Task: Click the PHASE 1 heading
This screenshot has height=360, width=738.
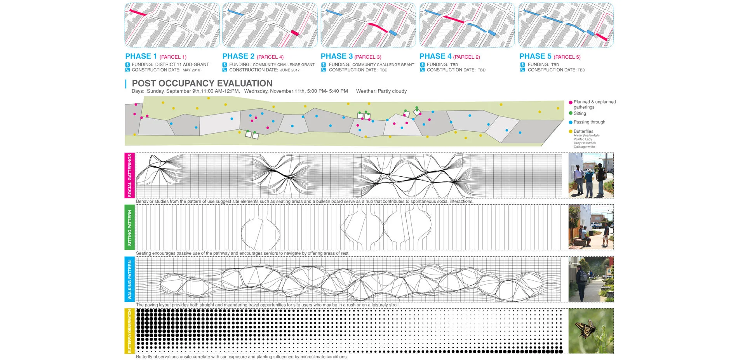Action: [x=141, y=56]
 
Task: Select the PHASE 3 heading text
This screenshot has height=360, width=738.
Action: [x=337, y=56]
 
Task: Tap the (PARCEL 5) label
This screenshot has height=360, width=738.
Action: [x=567, y=57]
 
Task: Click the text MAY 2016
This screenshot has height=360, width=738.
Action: [x=191, y=70]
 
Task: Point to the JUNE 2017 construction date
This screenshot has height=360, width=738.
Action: [x=290, y=70]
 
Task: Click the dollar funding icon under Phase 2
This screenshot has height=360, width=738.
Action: [x=225, y=65]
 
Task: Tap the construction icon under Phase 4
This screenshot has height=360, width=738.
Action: [x=422, y=70]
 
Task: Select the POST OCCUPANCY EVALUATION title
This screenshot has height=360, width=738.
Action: [x=202, y=83]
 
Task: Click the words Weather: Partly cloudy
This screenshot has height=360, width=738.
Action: [x=381, y=91]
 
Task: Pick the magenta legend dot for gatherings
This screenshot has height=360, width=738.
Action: [x=571, y=103]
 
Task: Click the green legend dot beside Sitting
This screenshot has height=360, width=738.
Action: [x=571, y=113]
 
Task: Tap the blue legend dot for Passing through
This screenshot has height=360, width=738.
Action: [x=571, y=122]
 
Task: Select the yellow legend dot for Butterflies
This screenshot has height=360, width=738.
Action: [x=571, y=132]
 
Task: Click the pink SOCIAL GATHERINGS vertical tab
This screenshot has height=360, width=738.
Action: [x=130, y=175]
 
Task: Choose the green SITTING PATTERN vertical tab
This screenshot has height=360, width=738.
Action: [x=130, y=227]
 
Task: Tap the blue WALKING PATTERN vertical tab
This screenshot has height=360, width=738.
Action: [x=130, y=279]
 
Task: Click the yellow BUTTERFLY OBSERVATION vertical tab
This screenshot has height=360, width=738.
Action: [x=130, y=331]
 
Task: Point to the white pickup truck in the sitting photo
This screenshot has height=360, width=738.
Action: [x=596, y=225]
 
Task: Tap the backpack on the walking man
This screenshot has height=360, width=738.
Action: [x=581, y=276]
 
